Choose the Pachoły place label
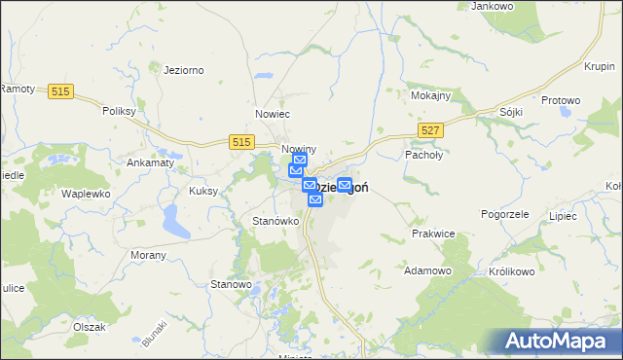click(423, 154)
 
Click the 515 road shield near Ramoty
click(60, 91)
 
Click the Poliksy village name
click(118, 111)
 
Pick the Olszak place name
click(89, 327)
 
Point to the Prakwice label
click(433, 234)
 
